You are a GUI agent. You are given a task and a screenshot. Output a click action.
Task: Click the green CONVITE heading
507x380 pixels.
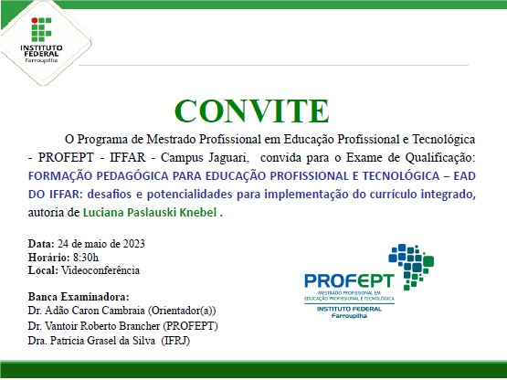pos(251,111)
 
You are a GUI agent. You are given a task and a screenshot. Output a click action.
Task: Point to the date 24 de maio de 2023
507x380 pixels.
pos(100,244)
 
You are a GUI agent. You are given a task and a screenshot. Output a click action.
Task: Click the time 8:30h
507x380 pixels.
pos(79,257)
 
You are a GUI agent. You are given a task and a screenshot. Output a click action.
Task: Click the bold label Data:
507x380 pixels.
pos(41,244)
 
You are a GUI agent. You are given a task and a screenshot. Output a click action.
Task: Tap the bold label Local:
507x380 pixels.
pos(43,269)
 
